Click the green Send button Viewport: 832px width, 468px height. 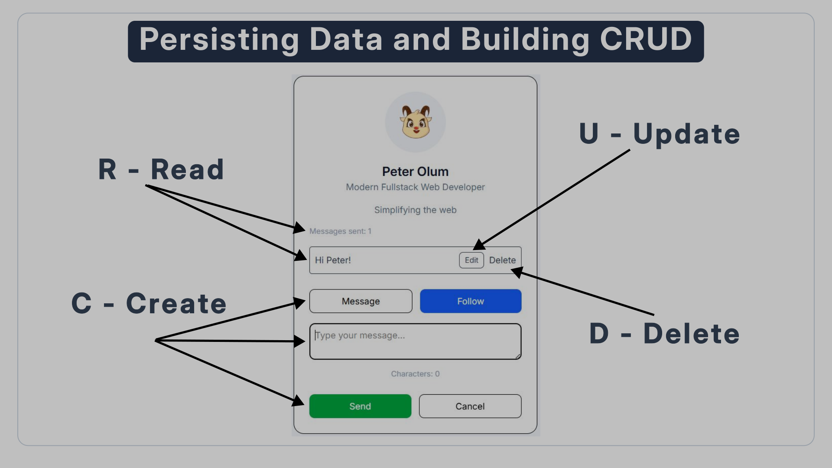pos(360,406)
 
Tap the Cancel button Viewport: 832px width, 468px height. pos(470,406)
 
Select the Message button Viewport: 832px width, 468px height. pos(361,301)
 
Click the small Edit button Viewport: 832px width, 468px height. pos(471,260)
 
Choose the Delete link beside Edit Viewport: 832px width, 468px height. pos(502,260)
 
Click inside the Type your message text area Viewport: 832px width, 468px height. pos(415,341)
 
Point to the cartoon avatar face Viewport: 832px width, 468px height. pos(416,123)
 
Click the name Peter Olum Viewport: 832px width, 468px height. pos(415,172)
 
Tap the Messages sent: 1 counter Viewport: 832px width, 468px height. pos(340,231)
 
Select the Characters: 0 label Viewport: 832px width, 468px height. pos(415,374)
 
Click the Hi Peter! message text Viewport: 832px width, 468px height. pos(333,260)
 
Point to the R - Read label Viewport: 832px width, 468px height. pos(161,169)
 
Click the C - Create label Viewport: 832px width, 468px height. pos(149,303)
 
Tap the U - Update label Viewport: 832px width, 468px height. pos(660,134)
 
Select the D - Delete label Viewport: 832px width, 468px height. pos(664,334)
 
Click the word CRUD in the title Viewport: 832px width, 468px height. pos(646,39)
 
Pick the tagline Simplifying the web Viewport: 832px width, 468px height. pos(415,210)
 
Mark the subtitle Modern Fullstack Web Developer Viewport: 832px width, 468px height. pos(415,187)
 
